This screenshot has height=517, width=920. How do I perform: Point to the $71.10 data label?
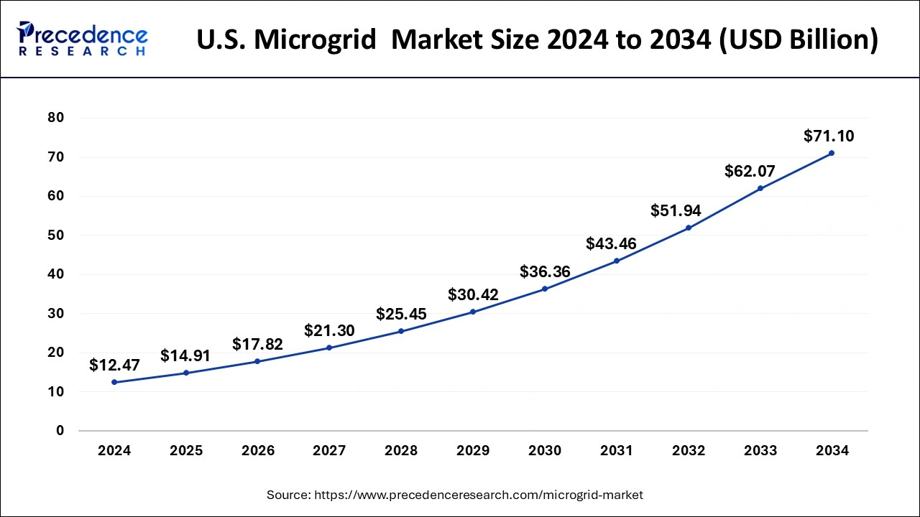[x=829, y=136]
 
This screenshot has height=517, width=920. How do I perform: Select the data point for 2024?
[x=114, y=382]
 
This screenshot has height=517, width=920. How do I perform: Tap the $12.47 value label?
[x=114, y=365]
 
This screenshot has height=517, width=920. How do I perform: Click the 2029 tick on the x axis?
[x=473, y=451]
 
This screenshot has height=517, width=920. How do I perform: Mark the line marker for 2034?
[x=832, y=153]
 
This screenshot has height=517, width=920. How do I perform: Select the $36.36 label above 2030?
[x=545, y=271]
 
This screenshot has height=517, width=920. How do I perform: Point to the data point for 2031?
[x=617, y=261]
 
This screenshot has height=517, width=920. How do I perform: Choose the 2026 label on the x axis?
[x=257, y=451]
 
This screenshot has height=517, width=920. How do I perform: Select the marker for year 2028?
[x=401, y=331]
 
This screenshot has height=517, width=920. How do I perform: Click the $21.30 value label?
[x=329, y=330]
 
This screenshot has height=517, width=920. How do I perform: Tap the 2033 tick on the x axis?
[x=760, y=451]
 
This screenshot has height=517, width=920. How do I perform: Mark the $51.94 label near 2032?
[x=676, y=210]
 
